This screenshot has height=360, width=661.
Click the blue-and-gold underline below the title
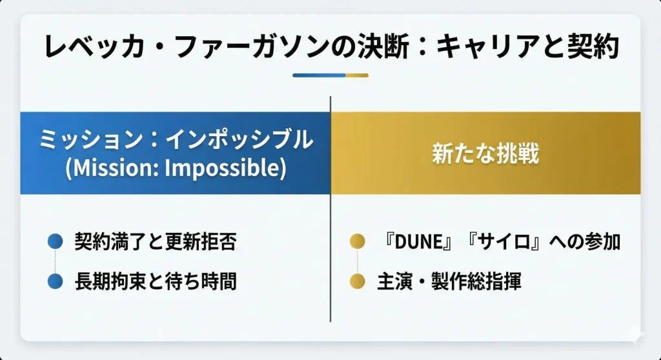point(330,75)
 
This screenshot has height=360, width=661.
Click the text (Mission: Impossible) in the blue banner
point(176,168)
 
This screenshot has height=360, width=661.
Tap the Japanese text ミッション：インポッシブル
point(176,139)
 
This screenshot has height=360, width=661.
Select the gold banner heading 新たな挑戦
point(485,153)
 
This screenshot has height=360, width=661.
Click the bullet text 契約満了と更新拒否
point(156,241)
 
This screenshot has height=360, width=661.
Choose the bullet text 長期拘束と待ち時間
point(156,281)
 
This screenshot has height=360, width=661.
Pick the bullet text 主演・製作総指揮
point(449,281)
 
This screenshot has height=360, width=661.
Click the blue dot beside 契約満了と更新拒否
point(56,241)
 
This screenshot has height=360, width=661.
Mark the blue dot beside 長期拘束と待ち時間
point(56,281)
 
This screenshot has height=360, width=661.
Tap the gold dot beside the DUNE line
point(358,241)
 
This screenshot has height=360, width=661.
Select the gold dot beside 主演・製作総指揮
point(358,281)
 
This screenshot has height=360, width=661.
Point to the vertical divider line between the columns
point(330,209)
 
